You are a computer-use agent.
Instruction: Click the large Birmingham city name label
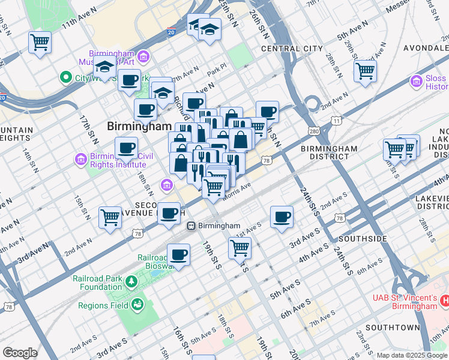point(139,127)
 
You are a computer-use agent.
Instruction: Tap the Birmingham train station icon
point(191,226)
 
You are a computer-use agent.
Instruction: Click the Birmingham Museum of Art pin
point(143,58)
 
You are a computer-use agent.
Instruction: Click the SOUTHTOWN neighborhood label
point(392,328)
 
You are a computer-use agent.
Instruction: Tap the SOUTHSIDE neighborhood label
point(363,239)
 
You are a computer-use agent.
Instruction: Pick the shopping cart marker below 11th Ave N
point(40,43)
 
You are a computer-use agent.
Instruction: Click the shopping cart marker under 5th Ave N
point(365,71)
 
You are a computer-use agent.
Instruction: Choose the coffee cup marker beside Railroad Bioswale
point(178,254)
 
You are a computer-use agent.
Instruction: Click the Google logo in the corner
point(20,353)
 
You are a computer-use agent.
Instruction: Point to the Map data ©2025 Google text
point(412,355)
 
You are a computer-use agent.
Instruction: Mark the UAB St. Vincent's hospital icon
point(444,299)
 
